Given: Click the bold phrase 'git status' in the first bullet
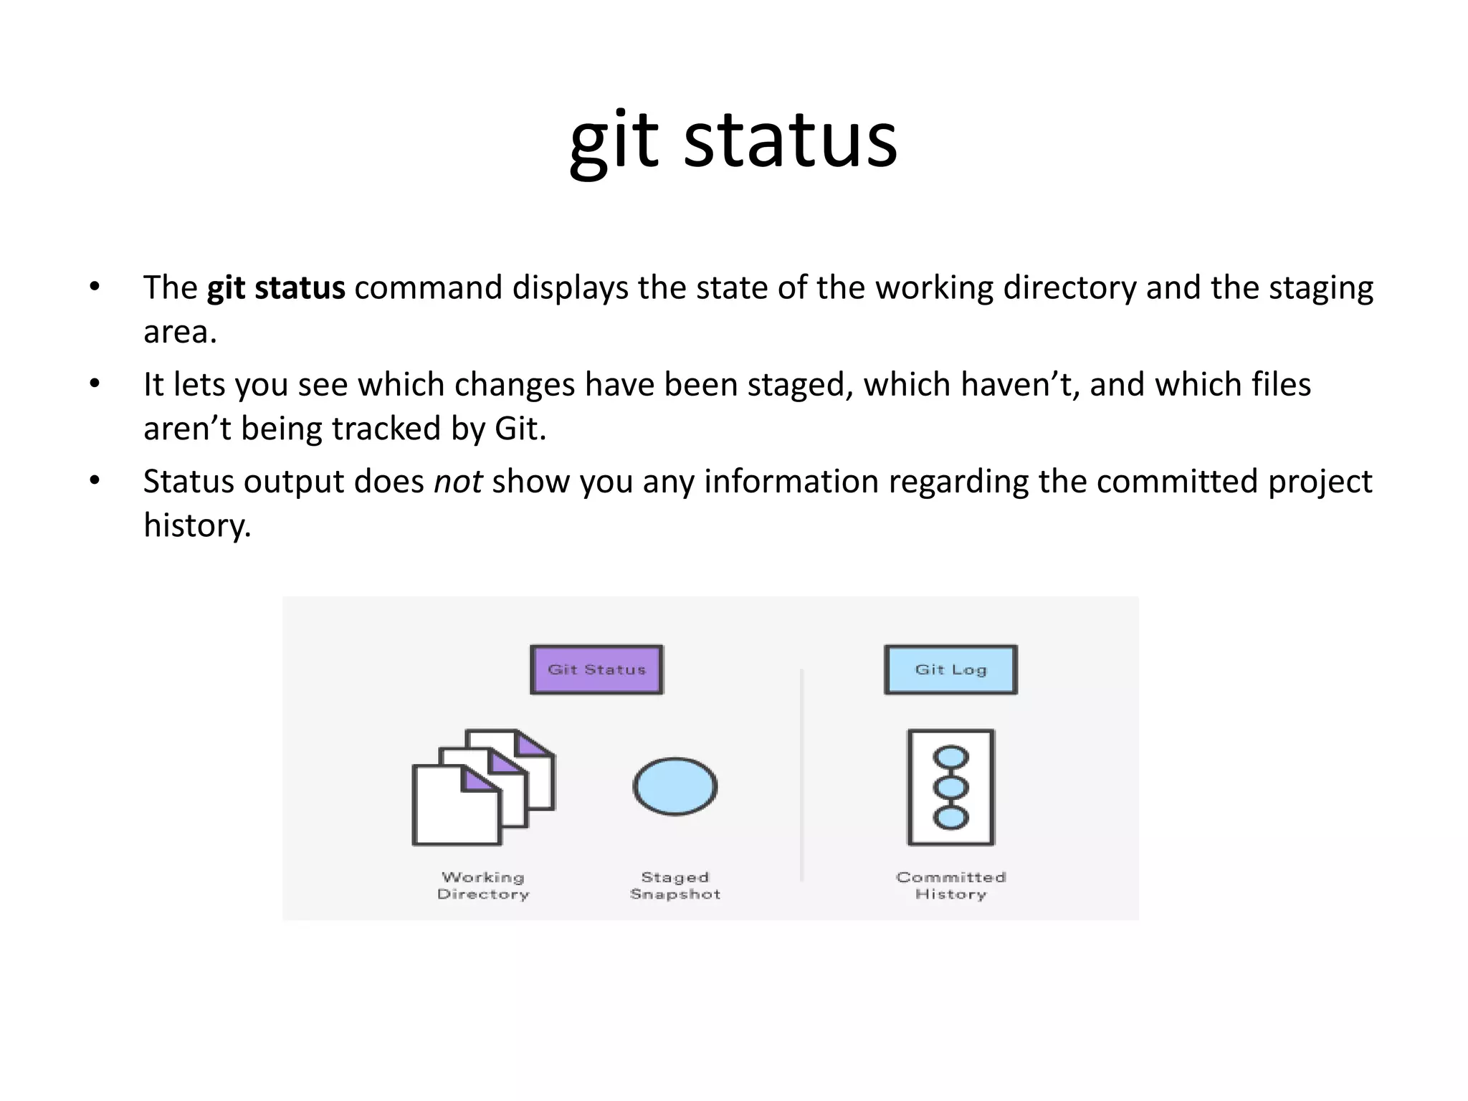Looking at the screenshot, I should [x=276, y=288].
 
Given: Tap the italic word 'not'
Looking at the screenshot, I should [x=458, y=482].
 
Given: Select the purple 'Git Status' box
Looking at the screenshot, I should [x=596, y=669].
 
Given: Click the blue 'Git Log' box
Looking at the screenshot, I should [x=950, y=669].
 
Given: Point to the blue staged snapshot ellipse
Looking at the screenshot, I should [x=675, y=786].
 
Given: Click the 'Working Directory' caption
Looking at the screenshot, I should [x=483, y=886].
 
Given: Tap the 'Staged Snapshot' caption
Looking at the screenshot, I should [x=675, y=886].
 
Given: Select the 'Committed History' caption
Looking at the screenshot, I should [x=950, y=886].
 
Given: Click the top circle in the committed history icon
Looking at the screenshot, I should [x=950, y=758].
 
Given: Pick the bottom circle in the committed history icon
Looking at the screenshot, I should [x=950, y=817].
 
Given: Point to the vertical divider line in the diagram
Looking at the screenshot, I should [x=801, y=774].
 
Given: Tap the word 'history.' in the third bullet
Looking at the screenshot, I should [x=197, y=525].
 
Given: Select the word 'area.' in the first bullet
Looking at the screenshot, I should [x=180, y=332].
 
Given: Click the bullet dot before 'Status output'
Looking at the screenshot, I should [x=95, y=481].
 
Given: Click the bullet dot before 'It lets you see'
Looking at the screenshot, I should [x=95, y=384].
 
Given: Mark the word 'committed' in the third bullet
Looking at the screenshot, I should [x=1177, y=482].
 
